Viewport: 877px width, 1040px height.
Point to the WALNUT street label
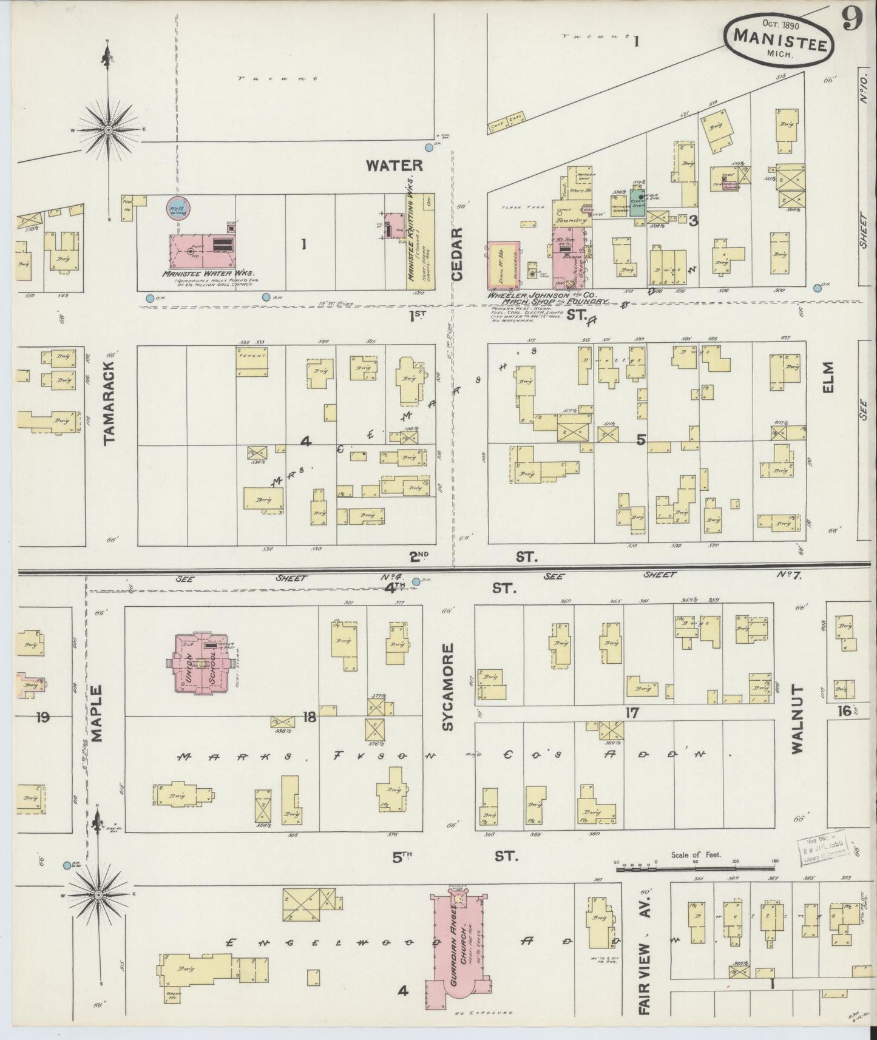pos(797,720)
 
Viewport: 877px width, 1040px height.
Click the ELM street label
pos(828,378)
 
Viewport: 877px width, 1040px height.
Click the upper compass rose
pos(108,129)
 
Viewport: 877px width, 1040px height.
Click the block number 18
pos(310,718)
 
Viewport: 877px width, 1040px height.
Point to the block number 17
pos(632,713)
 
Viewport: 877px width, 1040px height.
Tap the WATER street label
pos(393,165)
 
